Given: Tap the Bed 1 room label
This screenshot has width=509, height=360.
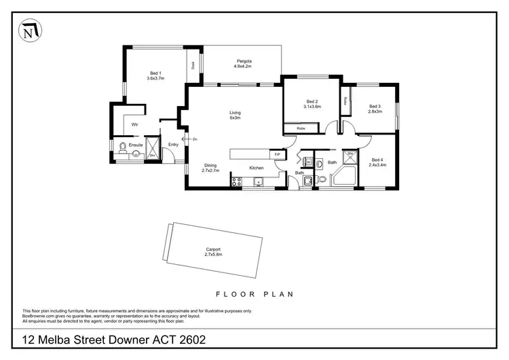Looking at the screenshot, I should (x=155, y=75).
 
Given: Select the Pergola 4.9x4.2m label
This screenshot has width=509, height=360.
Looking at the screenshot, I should (x=244, y=63).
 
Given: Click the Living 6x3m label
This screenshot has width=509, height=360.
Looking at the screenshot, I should (x=235, y=115).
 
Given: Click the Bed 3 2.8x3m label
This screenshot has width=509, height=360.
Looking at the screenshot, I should (x=375, y=109).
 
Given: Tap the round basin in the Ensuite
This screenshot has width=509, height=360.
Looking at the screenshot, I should (x=136, y=154).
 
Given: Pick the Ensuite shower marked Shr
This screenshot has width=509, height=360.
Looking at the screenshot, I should (x=153, y=153).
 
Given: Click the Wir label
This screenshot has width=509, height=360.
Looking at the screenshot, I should (x=135, y=125).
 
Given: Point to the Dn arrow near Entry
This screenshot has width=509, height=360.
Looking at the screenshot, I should (x=189, y=139).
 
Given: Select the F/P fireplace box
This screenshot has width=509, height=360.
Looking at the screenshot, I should (x=277, y=155).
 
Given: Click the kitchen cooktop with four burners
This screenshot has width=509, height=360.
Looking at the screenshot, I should (x=237, y=181).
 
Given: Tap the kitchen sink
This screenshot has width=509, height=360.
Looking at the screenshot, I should (x=259, y=181).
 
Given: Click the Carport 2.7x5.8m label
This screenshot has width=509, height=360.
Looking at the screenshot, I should (x=213, y=252).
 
